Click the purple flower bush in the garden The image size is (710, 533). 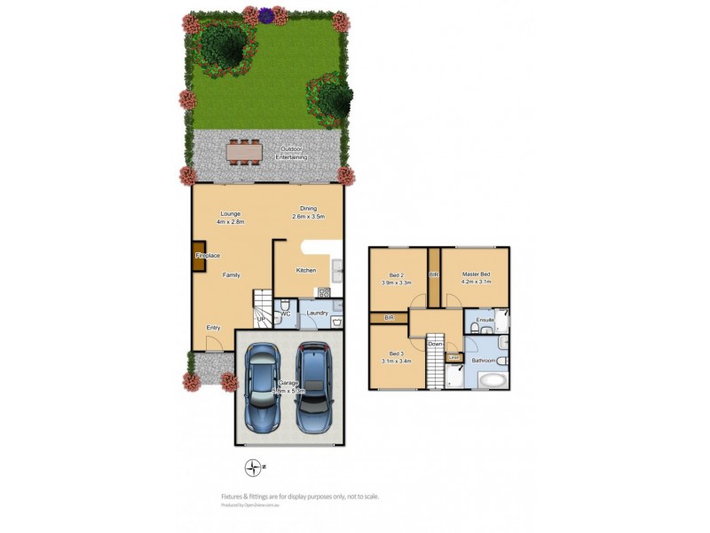[266, 14]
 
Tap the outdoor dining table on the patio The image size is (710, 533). [245, 153]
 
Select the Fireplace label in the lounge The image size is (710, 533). [208, 256]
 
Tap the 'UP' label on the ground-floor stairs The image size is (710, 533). [261, 320]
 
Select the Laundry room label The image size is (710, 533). [317, 313]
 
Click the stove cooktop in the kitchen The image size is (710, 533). [324, 291]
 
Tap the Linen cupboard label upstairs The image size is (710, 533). [454, 357]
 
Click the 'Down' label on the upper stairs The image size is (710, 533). [435, 344]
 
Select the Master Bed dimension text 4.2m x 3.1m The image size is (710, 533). [476, 282]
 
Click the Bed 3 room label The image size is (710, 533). [390, 353]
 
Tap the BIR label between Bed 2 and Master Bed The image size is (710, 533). [433, 275]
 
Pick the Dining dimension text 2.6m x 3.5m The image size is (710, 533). [309, 217]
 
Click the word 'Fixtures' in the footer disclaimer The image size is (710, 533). [233, 497]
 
